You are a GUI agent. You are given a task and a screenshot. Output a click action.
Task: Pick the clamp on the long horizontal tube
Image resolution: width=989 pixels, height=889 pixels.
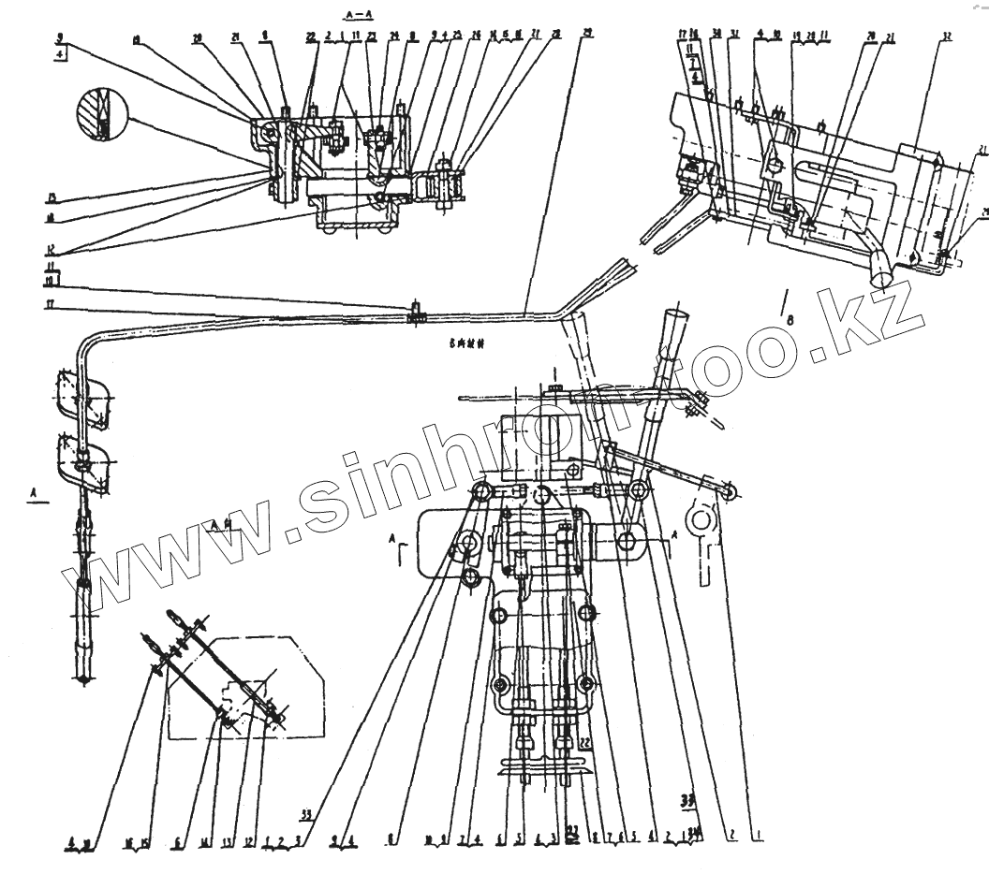coord(412,313)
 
